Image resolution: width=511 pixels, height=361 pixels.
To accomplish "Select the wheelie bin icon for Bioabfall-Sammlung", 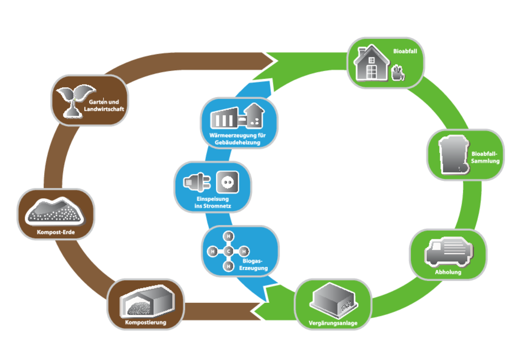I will click(452, 154).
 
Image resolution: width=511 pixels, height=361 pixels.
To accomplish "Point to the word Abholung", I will click(448, 272).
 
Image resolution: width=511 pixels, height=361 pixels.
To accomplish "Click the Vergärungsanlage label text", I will click(333, 323).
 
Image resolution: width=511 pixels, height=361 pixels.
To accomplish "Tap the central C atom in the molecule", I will click(229, 251).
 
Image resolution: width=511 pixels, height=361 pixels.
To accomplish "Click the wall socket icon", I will click(227, 181).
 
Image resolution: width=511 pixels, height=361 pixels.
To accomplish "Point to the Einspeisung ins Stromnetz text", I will click(213, 203).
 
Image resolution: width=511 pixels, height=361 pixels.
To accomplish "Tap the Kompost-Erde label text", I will click(56, 233).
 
